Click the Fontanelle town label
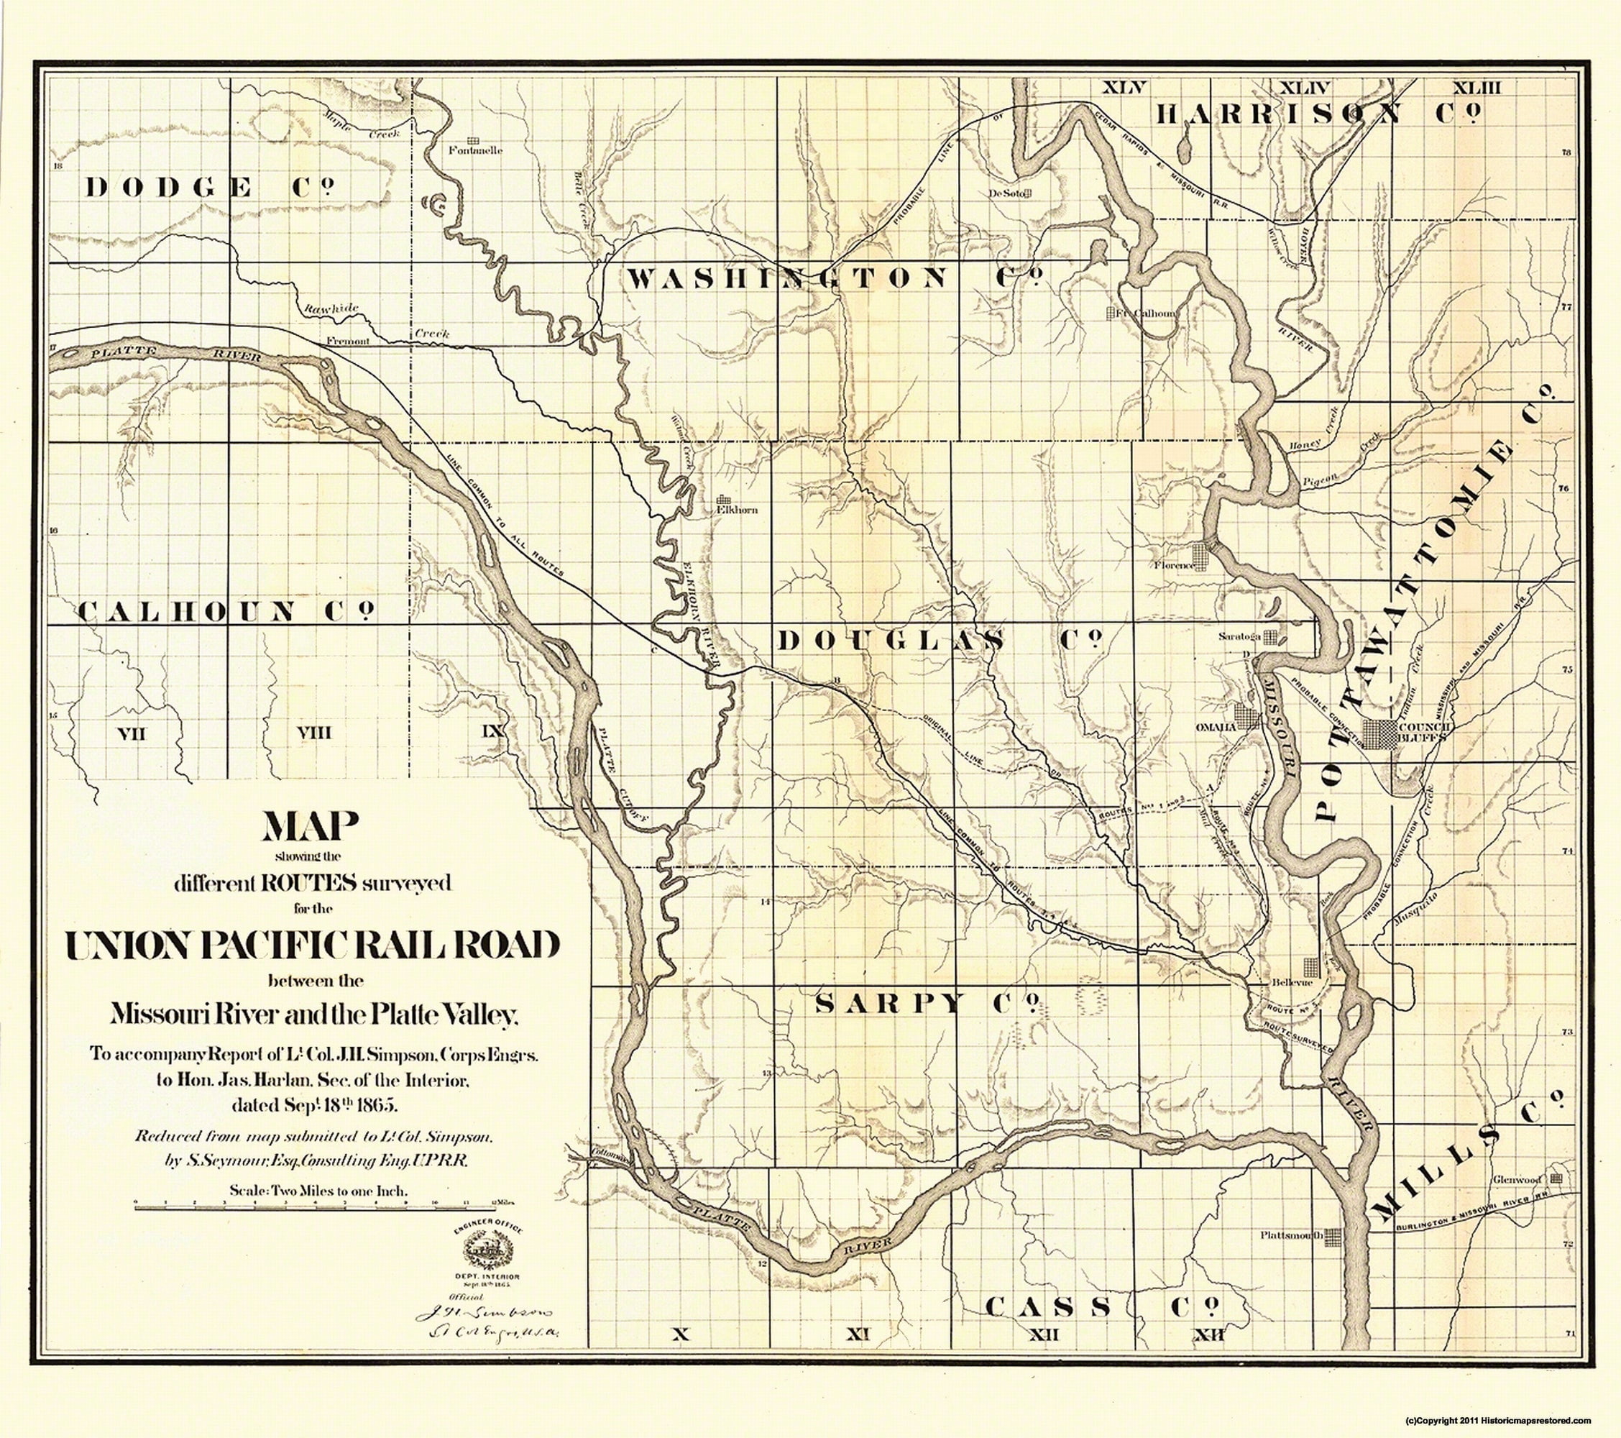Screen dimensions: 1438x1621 pos(475,150)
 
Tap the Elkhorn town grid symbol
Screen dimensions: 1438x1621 pos(723,500)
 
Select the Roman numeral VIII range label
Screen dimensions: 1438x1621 pos(314,733)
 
